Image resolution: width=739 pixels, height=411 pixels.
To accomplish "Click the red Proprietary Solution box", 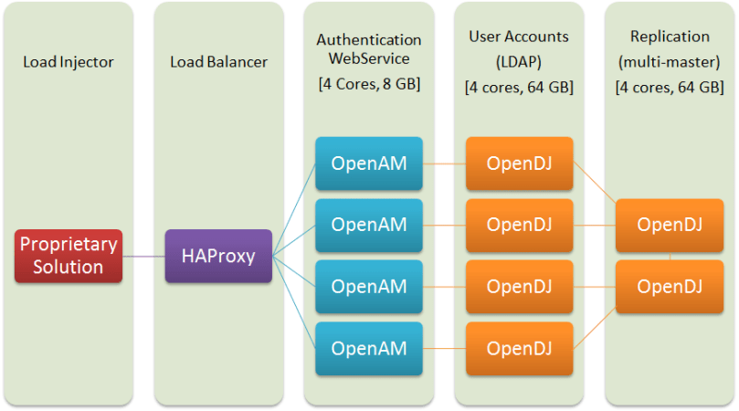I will point(69,256).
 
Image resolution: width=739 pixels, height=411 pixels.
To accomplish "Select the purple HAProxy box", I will point(218,256).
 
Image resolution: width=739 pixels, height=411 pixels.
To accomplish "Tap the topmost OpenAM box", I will point(369,163).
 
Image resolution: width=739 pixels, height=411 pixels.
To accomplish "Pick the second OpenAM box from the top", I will point(369,225).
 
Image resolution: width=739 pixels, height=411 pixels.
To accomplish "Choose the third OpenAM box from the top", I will point(369,286).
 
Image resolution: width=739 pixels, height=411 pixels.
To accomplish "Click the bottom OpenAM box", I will point(369,348).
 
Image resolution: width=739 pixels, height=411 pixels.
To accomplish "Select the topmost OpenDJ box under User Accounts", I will point(519,163).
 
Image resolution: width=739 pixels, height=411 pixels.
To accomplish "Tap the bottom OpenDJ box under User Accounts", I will point(519,348).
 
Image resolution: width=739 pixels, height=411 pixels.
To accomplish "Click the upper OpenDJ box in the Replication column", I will point(670,225).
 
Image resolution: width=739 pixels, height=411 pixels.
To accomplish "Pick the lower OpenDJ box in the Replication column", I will point(670,286).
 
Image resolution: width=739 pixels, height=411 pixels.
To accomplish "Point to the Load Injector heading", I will point(68,62).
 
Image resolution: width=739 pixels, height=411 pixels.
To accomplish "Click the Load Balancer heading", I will point(217,62).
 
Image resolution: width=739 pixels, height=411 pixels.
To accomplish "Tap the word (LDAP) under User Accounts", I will point(518,61).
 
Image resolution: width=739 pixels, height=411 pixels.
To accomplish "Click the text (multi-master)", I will point(670,61).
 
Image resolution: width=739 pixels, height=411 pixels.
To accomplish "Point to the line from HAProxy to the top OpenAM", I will point(294,210).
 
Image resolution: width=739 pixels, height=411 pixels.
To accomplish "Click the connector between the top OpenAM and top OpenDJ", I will point(444,164).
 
